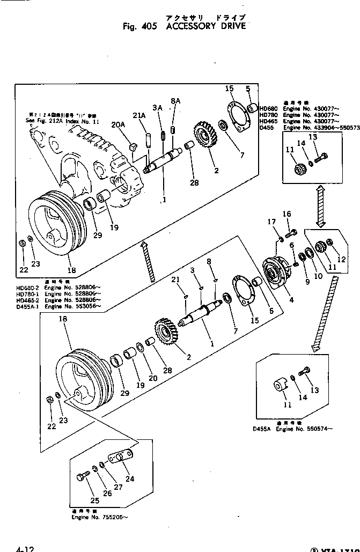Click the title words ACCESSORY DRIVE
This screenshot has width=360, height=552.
click(206, 26)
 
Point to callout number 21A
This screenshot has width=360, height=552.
click(139, 115)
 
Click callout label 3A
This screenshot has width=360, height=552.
click(157, 108)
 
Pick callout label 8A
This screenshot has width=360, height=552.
click(175, 100)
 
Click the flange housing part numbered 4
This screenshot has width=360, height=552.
click(276, 273)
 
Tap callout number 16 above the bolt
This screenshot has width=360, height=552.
click(287, 214)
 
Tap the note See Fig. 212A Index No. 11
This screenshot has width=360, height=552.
click(63, 122)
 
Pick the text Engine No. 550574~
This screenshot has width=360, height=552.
click(304, 429)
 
